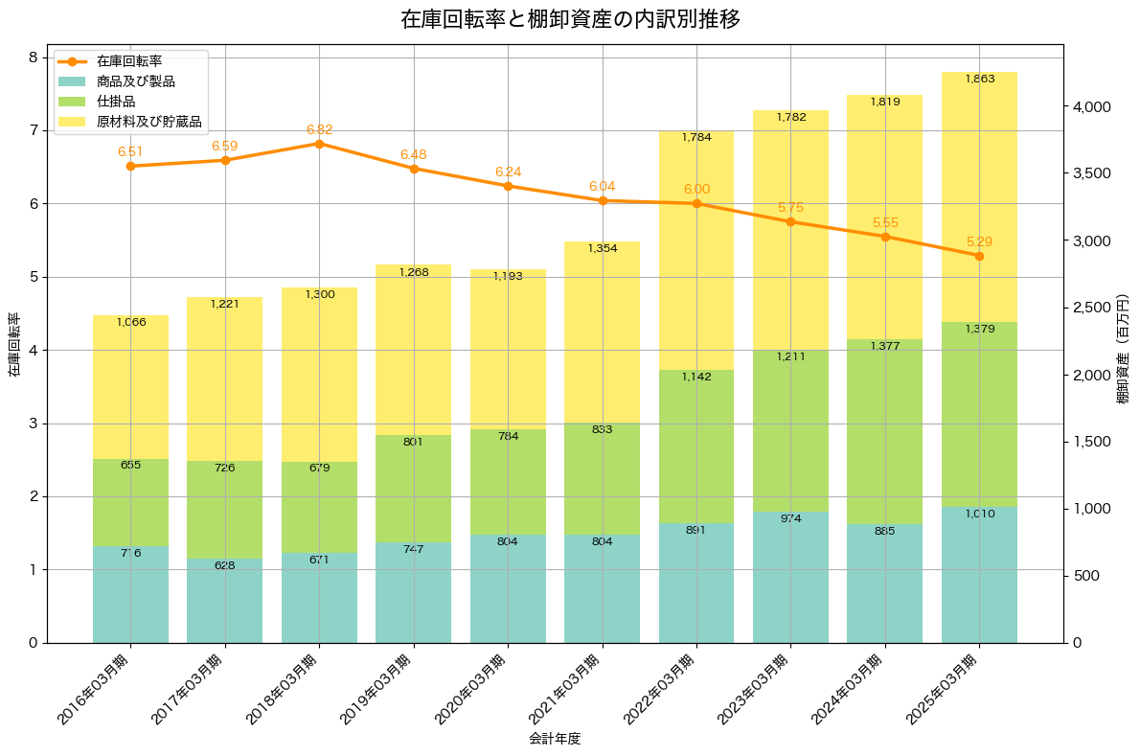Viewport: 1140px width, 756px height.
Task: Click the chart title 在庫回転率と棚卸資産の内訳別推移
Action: [x=569, y=19]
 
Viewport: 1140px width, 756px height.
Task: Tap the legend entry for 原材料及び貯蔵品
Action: [x=148, y=122]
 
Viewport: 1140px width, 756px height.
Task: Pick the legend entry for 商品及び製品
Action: [x=135, y=81]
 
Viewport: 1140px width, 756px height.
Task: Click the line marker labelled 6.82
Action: [x=319, y=144]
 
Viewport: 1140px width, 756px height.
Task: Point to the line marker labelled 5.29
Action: [x=979, y=256]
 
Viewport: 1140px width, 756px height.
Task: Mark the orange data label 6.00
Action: [x=696, y=190]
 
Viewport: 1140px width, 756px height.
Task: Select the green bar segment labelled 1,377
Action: [x=884, y=431]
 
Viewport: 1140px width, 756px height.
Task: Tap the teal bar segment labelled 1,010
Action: [x=979, y=575]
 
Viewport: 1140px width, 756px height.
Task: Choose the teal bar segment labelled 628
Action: [x=225, y=601]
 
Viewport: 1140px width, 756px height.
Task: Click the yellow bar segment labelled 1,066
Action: [x=130, y=387]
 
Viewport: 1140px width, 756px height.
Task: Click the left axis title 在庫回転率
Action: [x=13, y=344]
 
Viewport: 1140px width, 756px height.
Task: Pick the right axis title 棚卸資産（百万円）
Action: [x=1123, y=344]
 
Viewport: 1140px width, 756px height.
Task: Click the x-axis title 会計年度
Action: [x=555, y=739]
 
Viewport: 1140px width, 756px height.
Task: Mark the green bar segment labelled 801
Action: [x=414, y=489]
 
